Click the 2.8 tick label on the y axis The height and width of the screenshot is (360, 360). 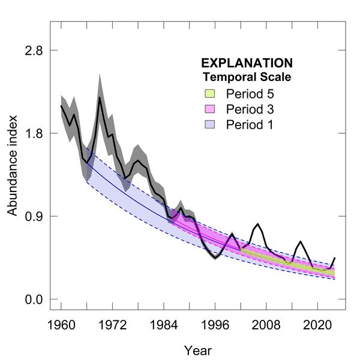[33, 50]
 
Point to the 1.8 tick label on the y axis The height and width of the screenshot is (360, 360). [33, 133]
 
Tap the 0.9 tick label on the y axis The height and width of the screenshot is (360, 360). [33, 216]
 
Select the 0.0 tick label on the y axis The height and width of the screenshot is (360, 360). [33, 299]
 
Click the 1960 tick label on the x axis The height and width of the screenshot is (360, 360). [61, 324]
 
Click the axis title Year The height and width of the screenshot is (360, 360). [197, 350]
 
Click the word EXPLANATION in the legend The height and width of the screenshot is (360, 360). [247, 63]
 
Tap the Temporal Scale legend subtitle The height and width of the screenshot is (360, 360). [247, 77]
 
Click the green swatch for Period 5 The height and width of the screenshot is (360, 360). [209, 94]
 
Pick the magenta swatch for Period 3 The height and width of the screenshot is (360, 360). [209, 109]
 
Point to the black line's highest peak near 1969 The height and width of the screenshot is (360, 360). [100, 97]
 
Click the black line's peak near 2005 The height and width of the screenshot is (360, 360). [257, 224]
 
